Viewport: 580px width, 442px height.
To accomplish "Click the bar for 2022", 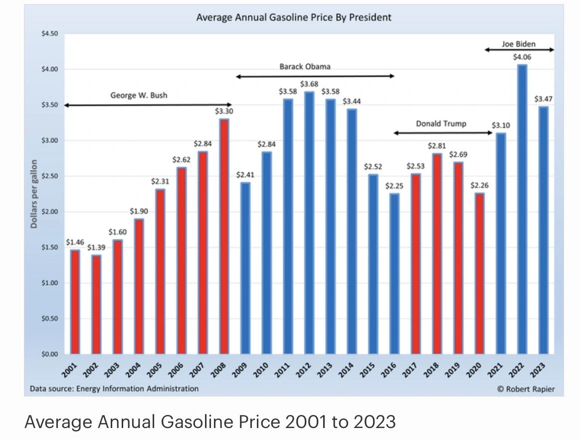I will (522, 209).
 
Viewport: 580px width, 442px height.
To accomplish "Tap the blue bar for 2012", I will (309, 223).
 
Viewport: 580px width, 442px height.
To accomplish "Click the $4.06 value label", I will (522, 57).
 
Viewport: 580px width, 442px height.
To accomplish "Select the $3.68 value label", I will (309, 84).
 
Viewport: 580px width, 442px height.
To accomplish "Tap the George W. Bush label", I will (139, 95).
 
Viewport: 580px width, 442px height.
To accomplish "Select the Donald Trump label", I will (441, 123).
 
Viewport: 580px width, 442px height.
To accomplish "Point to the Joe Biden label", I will (519, 44).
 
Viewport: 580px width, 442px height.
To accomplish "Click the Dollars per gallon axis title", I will (34, 194).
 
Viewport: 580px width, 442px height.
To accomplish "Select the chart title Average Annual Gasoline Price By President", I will (294, 17).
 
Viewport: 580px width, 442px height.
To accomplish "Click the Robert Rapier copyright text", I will (526, 389).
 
